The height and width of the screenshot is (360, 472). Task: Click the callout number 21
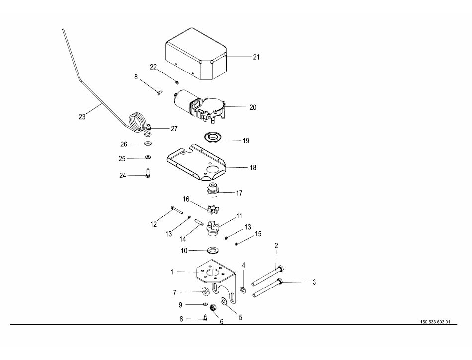pos(256,57)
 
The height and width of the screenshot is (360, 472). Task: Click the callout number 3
pos(314,282)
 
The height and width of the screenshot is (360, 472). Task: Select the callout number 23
pos(82,117)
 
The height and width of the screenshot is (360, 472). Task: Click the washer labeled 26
pos(148,144)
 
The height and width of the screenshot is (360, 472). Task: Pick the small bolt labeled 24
pos(148,174)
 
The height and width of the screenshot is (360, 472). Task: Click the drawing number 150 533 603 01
pos(434,322)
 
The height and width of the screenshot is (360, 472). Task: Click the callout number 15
pos(258,234)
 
